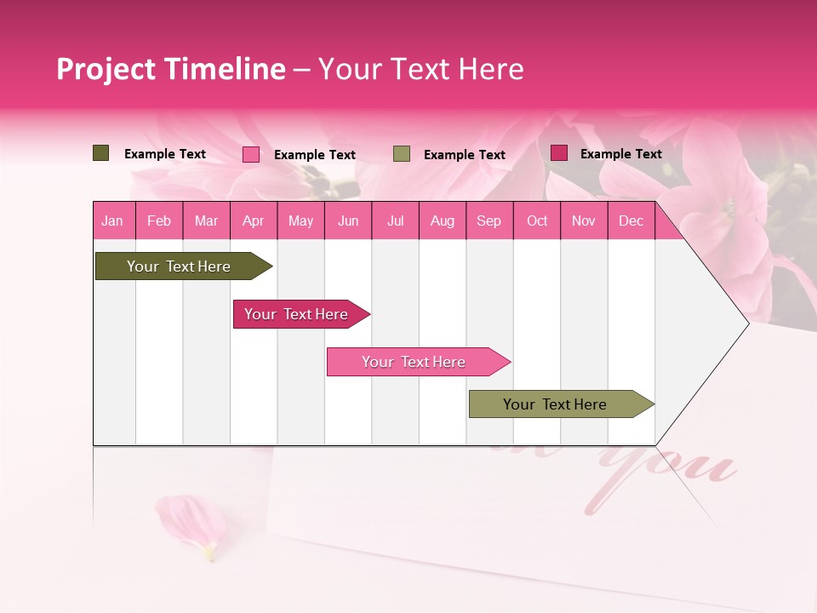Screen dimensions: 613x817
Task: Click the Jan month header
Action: click(112, 221)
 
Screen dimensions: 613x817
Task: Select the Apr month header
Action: click(254, 221)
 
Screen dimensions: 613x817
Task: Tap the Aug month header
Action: click(442, 221)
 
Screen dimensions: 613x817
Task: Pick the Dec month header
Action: click(631, 221)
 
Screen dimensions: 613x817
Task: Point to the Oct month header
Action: click(537, 221)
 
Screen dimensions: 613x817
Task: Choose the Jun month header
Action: click(348, 221)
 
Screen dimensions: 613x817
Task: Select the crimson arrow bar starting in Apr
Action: click(298, 314)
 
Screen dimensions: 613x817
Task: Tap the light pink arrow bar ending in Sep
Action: click(414, 362)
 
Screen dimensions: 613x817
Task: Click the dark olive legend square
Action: click(100, 153)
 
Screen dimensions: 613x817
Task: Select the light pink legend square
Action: click(251, 154)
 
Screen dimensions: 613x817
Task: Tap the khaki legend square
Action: click(402, 154)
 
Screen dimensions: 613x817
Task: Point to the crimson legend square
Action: click(558, 153)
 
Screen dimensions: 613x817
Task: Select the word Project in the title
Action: click(107, 69)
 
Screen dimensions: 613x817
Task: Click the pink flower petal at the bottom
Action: click(192, 525)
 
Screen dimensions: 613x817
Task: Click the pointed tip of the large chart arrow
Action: click(746, 324)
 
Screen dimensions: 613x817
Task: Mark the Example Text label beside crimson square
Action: click(620, 154)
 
